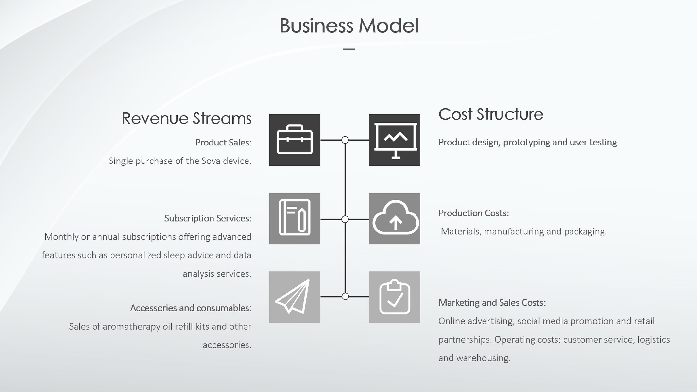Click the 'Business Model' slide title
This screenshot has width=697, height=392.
[349, 26]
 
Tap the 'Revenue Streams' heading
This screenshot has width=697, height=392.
[186, 118]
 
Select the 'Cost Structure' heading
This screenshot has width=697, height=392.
[491, 114]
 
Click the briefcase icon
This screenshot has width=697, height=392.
[295, 140]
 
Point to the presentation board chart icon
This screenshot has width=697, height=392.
[395, 140]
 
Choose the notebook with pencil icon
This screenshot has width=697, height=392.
[295, 218]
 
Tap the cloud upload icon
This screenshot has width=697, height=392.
[395, 218]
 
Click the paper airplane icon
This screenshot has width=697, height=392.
[295, 297]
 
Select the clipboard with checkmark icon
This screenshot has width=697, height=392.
[395, 297]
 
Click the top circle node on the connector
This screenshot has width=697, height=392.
[345, 140]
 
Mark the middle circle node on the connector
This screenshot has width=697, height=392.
[345, 219]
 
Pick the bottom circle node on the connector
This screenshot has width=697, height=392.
[345, 297]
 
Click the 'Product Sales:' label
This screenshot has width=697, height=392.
[223, 143]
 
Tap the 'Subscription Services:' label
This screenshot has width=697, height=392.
[208, 218]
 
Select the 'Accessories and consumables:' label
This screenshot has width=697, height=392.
[191, 308]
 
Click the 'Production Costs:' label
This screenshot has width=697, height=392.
[474, 213]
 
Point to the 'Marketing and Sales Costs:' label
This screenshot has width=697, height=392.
[492, 303]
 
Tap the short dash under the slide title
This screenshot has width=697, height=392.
[349, 49]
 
